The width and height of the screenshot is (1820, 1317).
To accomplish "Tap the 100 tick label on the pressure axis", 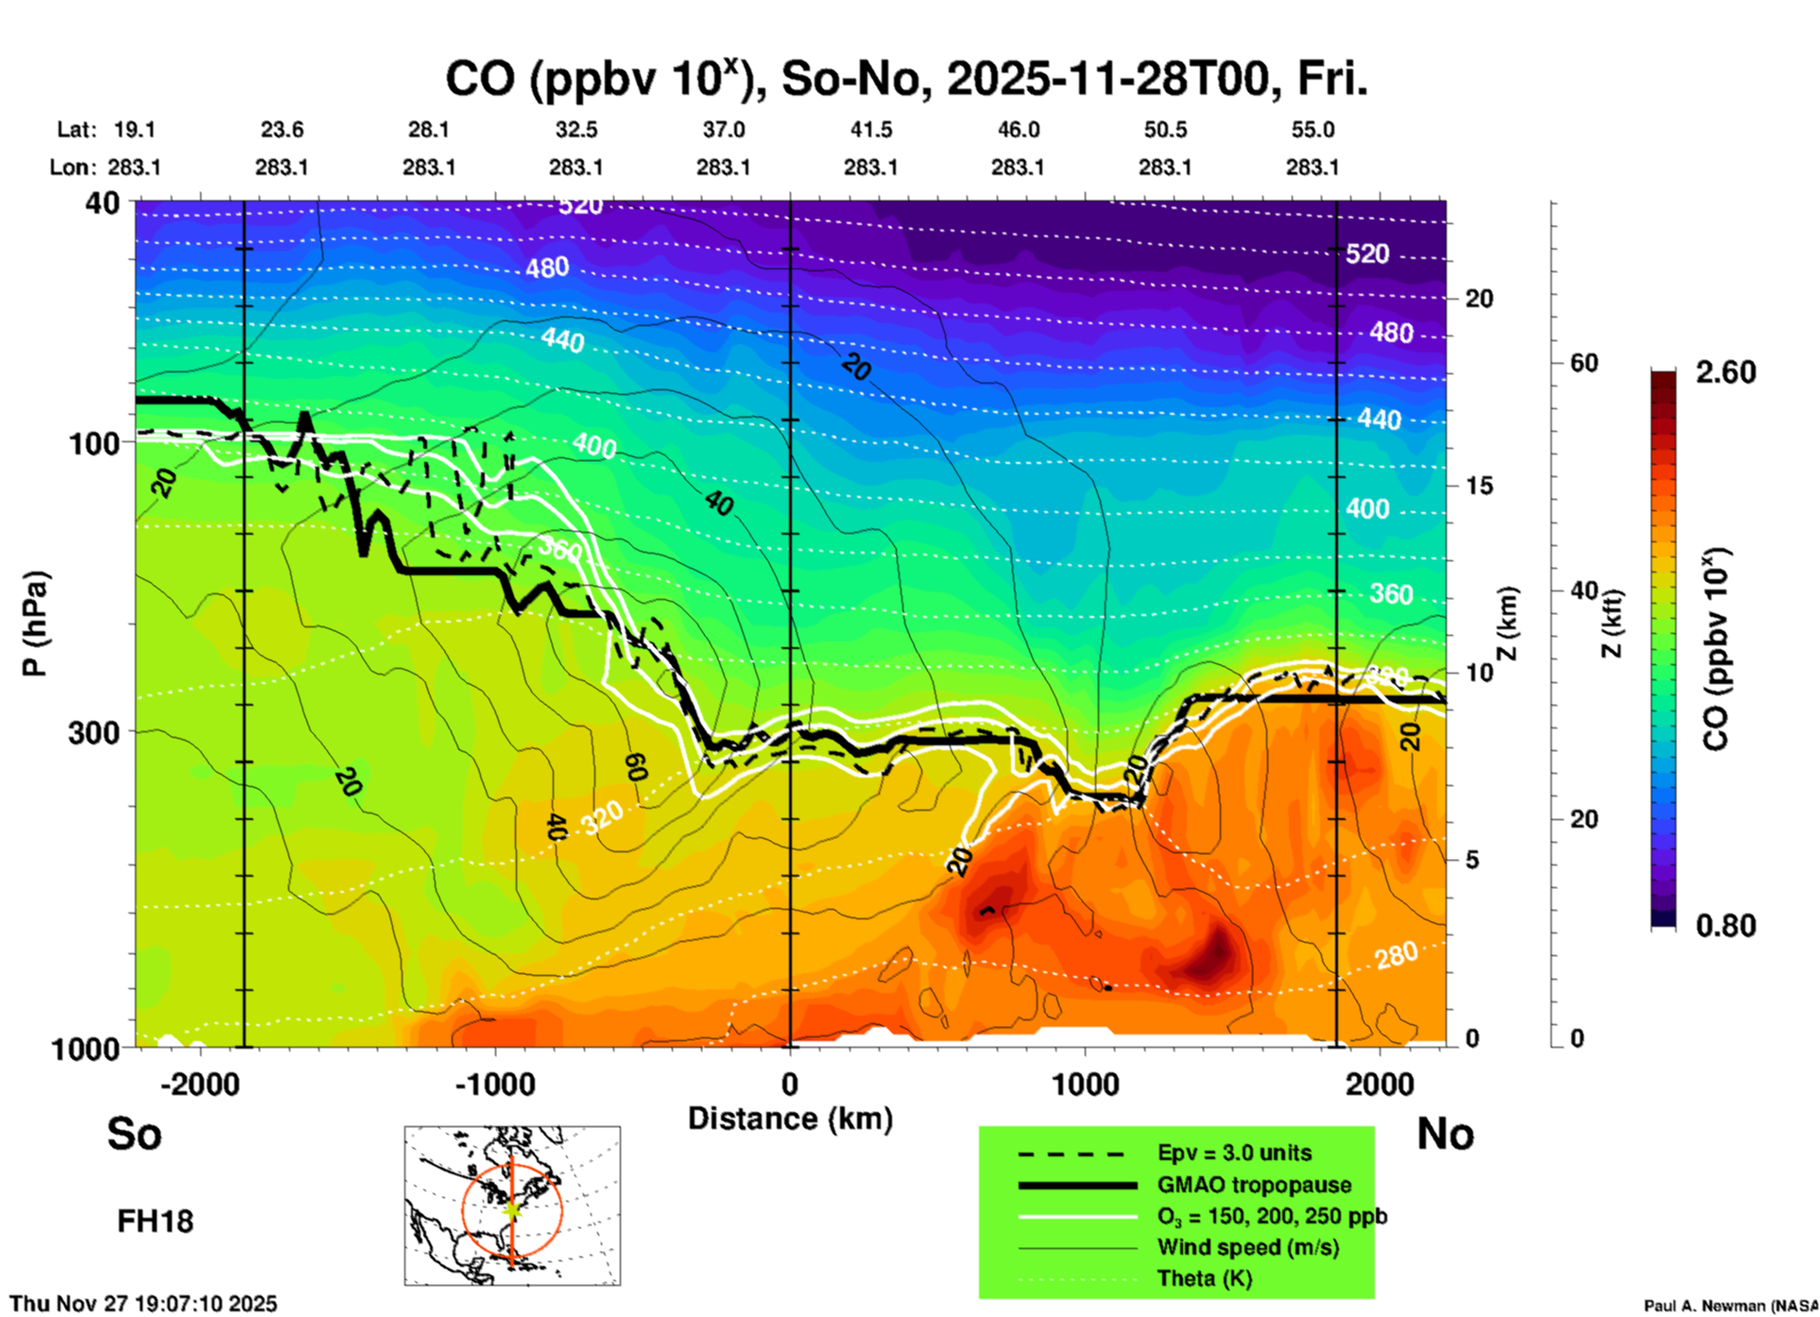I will (94, 442).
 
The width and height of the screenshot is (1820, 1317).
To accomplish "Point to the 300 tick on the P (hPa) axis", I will (94, 732).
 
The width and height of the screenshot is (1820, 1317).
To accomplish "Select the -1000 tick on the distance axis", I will (495, 1085).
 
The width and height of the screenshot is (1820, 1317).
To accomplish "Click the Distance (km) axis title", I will (790, 1119).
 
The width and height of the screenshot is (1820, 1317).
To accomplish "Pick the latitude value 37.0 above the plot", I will (723, 129).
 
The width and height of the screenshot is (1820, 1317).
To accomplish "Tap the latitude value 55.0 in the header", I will (1313, 129).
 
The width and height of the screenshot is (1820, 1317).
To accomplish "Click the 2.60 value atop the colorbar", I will (1726, 372).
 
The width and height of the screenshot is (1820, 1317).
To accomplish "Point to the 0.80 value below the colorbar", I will (1726, 926).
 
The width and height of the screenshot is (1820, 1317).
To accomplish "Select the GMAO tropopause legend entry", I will (1254, 1185).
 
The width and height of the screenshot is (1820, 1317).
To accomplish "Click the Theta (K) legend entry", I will (1204, 1278).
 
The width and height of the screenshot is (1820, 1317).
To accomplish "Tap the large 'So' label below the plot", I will (134, 1134).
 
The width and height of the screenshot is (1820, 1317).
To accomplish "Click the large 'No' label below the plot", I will (1445, 1134).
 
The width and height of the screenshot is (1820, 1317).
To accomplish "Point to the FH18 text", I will (155, 1222).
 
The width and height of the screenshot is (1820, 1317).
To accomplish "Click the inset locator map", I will (512, 1206).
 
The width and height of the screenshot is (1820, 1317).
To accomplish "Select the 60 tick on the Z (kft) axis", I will (1584, 364).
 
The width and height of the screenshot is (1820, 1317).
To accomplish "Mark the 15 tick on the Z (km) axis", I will (1479, 486).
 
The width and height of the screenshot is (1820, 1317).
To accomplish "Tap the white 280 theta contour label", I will (1396, 956).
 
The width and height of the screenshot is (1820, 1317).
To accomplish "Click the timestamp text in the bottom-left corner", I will (144, 1304).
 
